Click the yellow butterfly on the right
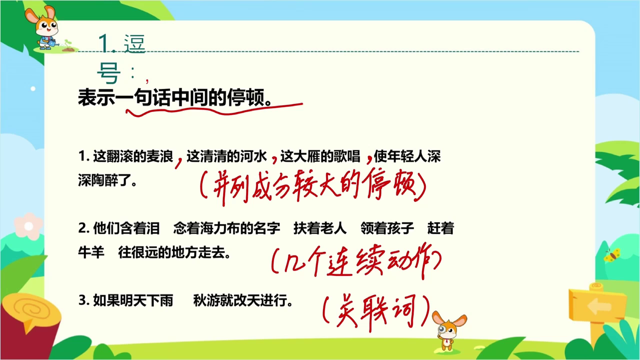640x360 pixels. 612,255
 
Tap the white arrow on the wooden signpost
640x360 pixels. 599,306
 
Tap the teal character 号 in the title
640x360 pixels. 108,73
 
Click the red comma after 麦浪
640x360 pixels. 179,163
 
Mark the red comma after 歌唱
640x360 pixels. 369,160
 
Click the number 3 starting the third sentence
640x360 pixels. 82,300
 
